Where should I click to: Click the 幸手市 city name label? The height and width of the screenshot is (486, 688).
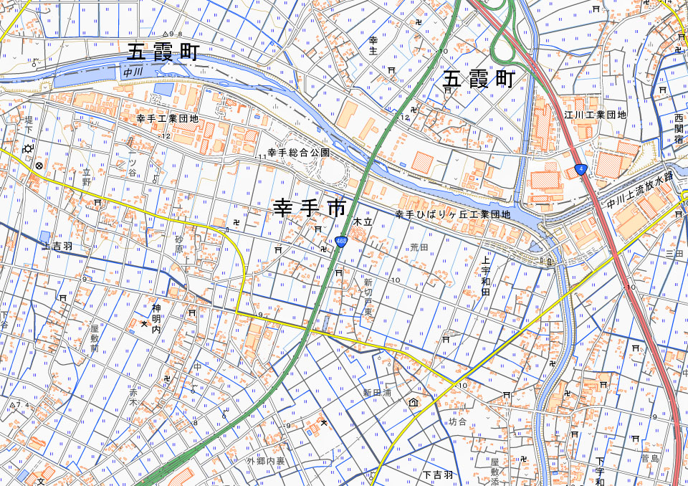coord(310,209)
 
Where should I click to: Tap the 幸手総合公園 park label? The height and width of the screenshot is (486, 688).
coord(299,153)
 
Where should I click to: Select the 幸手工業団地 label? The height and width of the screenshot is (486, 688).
coord(167,118)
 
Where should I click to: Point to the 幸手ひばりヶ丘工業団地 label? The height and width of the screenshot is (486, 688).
coord(453,214)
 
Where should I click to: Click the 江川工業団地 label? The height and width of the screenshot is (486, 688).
coord(595,115)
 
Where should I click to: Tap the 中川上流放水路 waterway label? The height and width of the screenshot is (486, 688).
coord(641,191)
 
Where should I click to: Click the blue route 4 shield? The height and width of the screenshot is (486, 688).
coord(580,170)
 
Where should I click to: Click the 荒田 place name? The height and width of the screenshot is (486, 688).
coord(419,247)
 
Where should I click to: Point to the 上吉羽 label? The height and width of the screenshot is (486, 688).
coord(57,246)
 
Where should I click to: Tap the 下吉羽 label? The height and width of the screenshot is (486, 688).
coord(437,475)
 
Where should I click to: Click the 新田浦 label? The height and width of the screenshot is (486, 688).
coord(376,393)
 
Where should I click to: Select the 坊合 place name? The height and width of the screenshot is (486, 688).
coord(457,421)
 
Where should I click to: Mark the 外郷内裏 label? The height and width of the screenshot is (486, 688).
coord(266,460)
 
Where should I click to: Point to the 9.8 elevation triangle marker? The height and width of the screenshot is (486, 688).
coord(168,34)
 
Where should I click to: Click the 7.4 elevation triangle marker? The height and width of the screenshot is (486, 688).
coord(14,405)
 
